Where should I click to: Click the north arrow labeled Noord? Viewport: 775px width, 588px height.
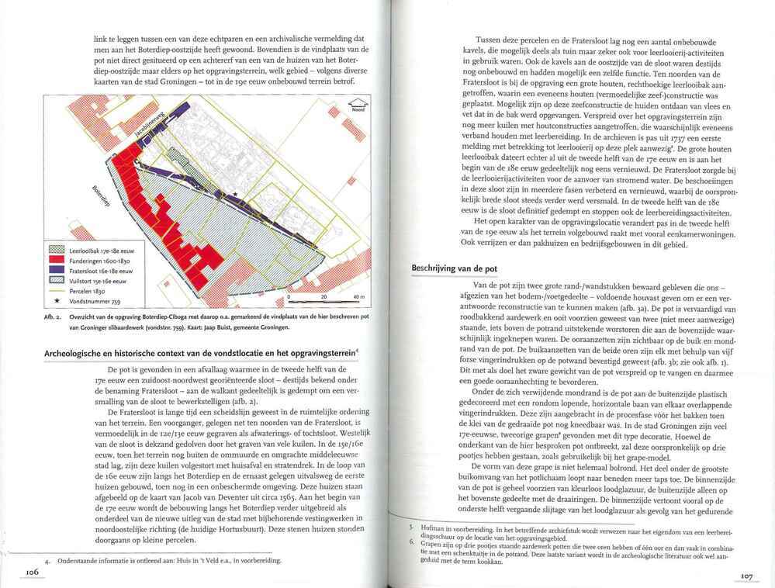[358, 107]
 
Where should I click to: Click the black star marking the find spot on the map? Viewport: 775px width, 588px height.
[234, 195]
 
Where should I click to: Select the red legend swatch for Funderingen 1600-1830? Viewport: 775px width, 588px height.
[57, 262]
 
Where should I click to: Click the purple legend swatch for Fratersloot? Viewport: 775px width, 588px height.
[57, 272]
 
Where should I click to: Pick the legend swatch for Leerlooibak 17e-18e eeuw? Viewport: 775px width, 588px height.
[57, 251]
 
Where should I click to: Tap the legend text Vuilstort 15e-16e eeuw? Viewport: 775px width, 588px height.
[95, 282]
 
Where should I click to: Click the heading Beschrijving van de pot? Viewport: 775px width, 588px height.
[454, 268]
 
